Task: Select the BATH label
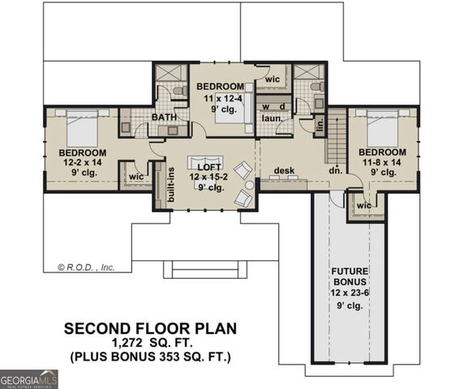164,118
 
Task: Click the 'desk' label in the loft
283,170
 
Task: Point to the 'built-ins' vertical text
171,183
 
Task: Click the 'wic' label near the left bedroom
135,177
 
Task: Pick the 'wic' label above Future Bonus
363,206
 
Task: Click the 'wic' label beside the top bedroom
273,78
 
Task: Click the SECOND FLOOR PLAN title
150,328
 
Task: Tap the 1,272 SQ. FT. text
150,343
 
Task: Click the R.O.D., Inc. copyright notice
85,266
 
